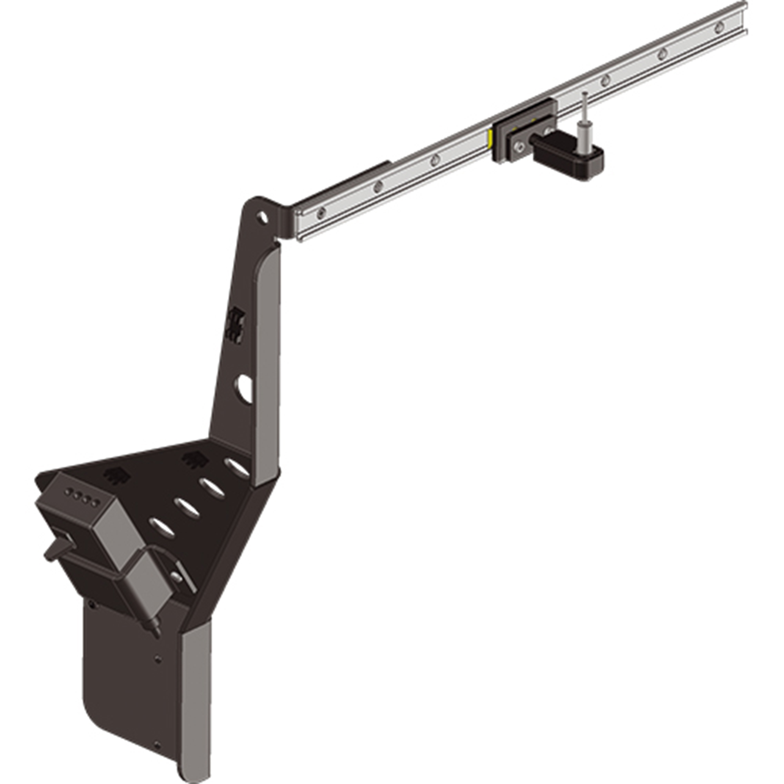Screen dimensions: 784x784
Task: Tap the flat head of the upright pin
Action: pos(585,94)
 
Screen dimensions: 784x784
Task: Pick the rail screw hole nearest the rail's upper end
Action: pos(719,27)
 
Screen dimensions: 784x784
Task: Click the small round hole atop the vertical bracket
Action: pos(263,217)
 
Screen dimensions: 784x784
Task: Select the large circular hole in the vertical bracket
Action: pos(245,388)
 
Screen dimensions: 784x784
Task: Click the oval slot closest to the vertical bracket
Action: pos(238,468)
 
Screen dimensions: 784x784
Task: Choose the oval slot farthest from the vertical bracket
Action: pos(162,527)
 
